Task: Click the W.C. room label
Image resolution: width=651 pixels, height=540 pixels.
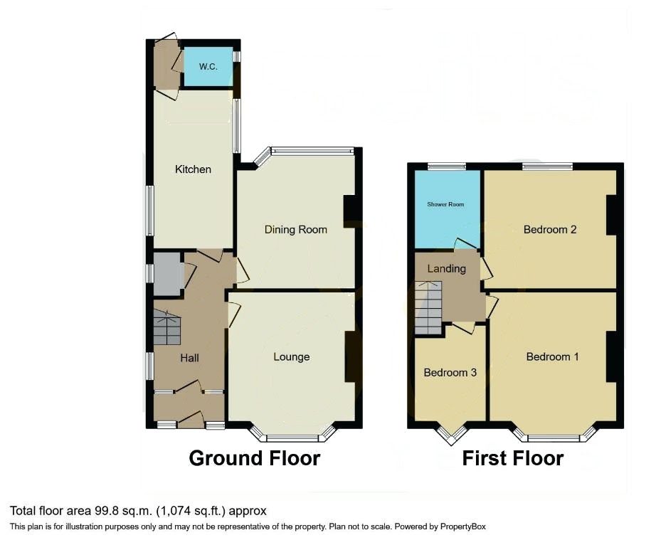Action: [208, 66]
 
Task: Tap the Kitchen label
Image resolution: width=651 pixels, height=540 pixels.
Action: [193, 169]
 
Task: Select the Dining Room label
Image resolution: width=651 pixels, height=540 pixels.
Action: [295, 230]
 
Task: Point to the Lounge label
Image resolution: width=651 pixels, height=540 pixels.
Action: [292, 357]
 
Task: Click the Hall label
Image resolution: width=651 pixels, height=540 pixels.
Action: [189, 358]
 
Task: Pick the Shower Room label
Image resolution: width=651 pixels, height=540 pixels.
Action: [445, 204]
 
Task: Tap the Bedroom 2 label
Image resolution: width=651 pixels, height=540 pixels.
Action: [550, 230]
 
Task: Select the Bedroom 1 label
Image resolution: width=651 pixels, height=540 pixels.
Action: [552, 356]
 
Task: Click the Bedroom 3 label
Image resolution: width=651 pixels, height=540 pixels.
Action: [450, 372]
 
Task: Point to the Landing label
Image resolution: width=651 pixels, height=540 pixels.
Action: [447, 268]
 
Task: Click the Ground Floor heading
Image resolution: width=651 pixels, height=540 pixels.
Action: [255, 458]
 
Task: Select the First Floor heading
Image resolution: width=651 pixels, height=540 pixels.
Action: [513, 458]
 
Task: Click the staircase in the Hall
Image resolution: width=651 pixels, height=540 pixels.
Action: [167, 328]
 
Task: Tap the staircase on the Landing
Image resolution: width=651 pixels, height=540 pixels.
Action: [428, 307]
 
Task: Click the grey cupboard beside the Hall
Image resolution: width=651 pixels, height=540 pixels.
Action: [168, 274]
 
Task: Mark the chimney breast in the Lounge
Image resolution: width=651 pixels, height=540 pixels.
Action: [351, 356]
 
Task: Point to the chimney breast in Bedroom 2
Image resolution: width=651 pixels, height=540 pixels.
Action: [612, 215]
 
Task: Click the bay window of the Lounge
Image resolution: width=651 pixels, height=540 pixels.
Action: [292, 434]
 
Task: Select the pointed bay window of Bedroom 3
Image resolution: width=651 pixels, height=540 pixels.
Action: [452, 433]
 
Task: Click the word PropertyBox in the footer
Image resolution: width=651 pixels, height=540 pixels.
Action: [463, 526]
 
